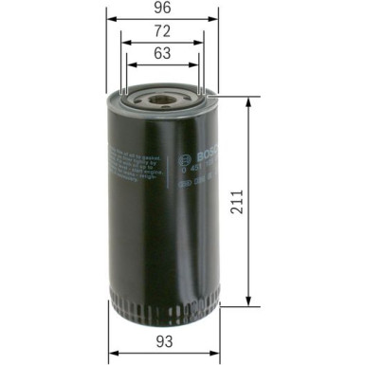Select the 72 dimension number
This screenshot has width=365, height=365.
point(163,31)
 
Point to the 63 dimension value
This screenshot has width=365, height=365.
point(162,56)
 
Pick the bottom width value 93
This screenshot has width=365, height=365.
point(162,340)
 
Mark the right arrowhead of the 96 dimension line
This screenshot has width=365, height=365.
point(217,19)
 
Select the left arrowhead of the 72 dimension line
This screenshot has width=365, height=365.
point(122,43)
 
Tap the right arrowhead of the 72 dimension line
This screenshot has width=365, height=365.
point(203,43)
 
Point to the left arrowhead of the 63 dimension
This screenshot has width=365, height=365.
point(127,66)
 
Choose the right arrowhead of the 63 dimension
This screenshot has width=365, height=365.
point(198,66)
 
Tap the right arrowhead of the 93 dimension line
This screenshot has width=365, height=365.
point(214,352)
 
